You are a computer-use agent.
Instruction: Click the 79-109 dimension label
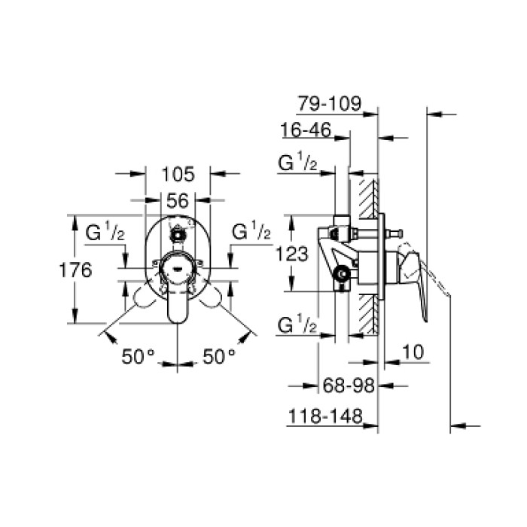(330, 103)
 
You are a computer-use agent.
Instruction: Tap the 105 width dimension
(178, 175)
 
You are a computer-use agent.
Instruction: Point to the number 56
(178, 200)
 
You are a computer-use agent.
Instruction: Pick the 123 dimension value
(293, 254)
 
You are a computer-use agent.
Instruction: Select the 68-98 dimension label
(348, 385)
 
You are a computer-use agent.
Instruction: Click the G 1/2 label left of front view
(105, 233)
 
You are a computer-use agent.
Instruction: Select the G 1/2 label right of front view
(251, 233)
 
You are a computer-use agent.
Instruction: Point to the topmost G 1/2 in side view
(297, 163)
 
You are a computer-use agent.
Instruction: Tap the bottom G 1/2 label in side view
(297, 325)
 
